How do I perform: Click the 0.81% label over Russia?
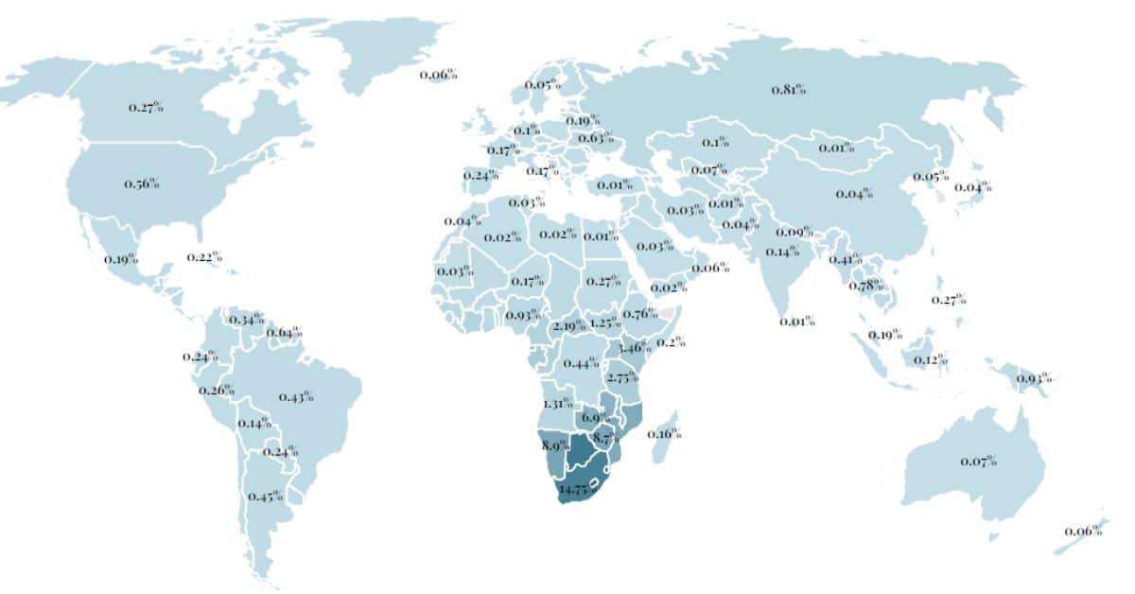pos(788,90)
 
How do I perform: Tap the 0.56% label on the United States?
pos(142,183)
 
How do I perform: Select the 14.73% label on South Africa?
pos(580,489)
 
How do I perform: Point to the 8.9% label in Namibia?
pos(554,444)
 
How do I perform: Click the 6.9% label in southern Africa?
pos(595,417)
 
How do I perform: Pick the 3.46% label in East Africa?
pos(634,347)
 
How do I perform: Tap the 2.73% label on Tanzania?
pos(622,377)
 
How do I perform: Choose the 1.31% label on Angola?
pos(558,402)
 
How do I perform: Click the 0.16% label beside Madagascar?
pos(665,434)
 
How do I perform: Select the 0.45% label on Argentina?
pos(266,496)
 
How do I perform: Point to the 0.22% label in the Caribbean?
pos(204,256)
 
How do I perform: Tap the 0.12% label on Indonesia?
pos(930,359)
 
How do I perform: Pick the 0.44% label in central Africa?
pos(581,363)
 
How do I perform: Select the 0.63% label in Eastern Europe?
pos(595,138)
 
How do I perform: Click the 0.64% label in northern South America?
pos(284,332)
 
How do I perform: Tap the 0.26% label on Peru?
pos(217,390)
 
